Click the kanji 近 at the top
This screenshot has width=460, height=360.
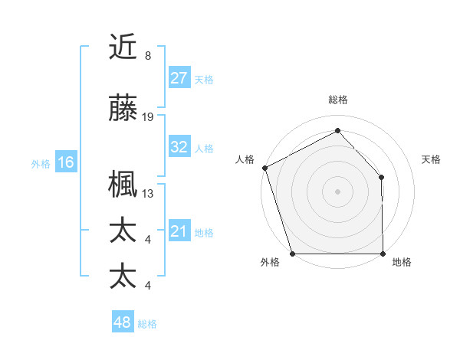coord(123,47)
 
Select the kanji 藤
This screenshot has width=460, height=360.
coord(123,108)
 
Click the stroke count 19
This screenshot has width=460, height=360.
coord(148,117)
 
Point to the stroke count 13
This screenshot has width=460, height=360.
coord(148,194)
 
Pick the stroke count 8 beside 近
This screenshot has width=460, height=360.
coord(148,56)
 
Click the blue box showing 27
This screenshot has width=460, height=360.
coord(179,78)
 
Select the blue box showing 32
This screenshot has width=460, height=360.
coord(179,147)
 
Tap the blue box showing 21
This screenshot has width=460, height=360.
coord(179,231)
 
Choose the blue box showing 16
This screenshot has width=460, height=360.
coord(66,162)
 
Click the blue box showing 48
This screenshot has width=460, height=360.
coord(123,322)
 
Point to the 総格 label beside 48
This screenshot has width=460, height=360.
coord(147,324)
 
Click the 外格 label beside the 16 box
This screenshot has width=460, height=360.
coord(41,163)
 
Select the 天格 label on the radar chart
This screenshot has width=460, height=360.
coord(432,159)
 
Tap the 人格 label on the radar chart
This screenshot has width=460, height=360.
coord(245,159)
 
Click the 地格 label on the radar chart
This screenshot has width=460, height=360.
coord(402,262)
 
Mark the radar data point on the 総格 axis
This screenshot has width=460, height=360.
coord(337,131)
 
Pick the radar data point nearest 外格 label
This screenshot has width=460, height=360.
coord(292,253)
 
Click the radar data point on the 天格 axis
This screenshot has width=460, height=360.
coord(382,177)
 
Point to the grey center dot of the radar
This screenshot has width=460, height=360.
coord(337,191)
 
